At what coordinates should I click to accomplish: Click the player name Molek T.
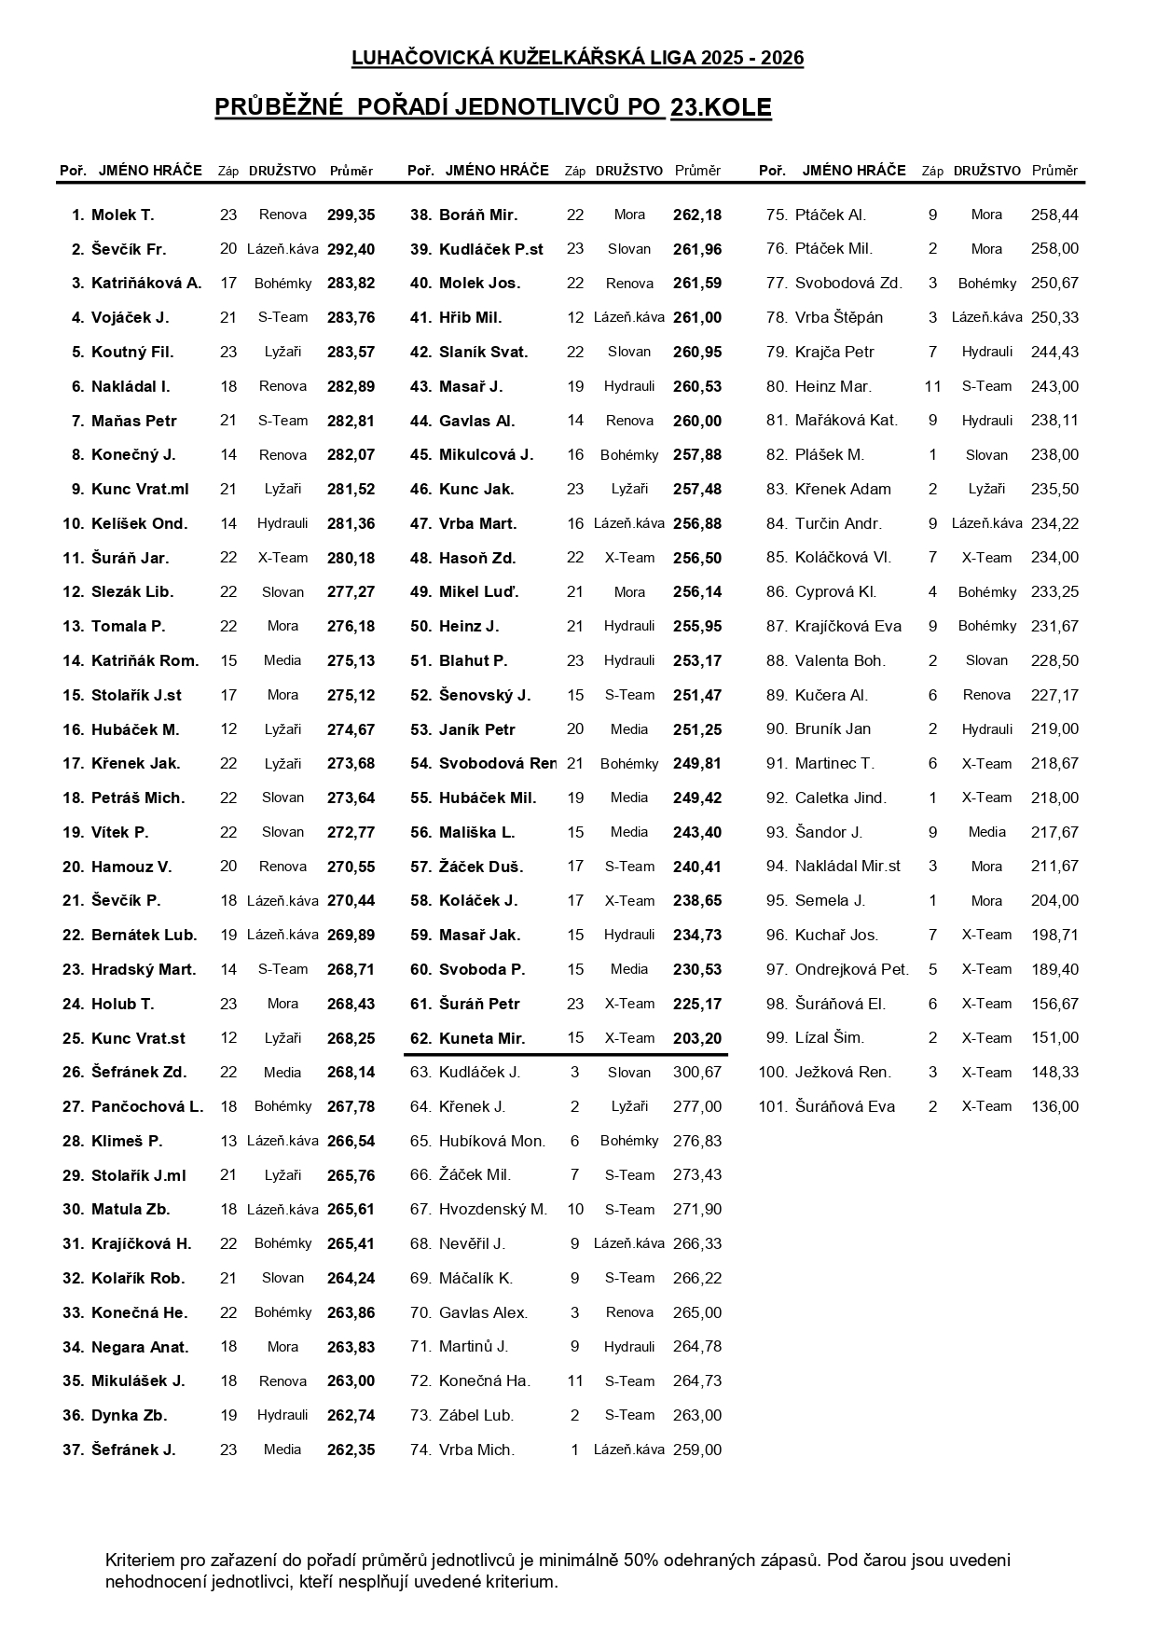click(x=122, y=215)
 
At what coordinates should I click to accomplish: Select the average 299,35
click(x=351, y=215)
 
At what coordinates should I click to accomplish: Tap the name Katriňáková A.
click(x=145, y=284)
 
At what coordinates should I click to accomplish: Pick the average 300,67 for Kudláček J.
click(x=696, y=1073)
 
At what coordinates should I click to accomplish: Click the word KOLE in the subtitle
click(x=737, y=108)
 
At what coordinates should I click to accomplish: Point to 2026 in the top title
click(x=782, y=59)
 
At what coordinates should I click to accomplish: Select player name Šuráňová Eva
click(x=844, y=1107)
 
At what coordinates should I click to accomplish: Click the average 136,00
click(x=1054, y=1107)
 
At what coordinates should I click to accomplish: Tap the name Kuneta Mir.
click(x=481, y=1038)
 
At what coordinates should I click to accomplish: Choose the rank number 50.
click(x=420, y=627)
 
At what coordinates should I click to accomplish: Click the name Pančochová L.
click(x=146, y=1107)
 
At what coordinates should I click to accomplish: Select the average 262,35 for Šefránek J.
click(x=351, y=1450)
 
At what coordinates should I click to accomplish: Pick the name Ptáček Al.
click(x=830, y=215)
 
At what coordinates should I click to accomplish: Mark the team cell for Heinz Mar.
click(x=986, y=386)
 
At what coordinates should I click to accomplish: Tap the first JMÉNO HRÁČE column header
click(x=150, y=171)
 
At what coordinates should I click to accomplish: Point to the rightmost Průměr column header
click(x=1054, y=171)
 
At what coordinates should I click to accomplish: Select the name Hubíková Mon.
click(x=491, y=1141)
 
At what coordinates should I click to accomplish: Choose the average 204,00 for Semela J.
click(x=1054, y=901)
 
